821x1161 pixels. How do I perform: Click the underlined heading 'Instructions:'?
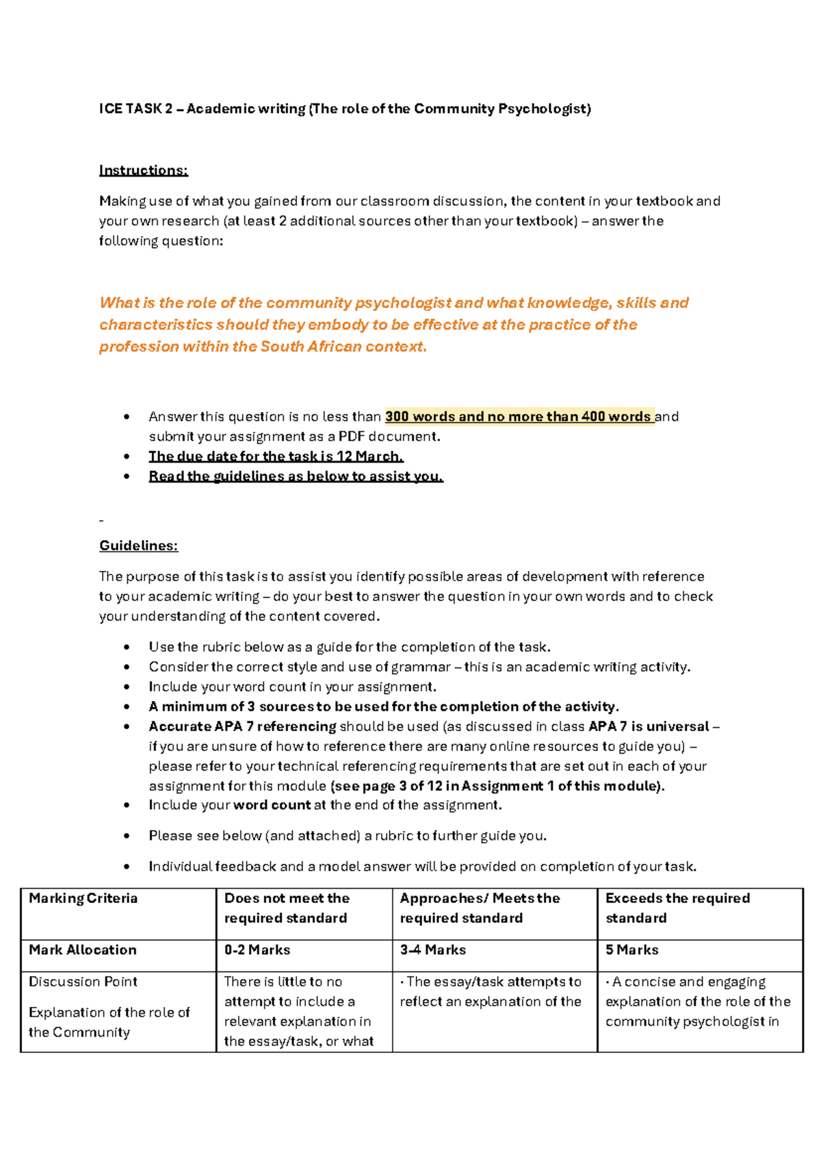click(143, 170)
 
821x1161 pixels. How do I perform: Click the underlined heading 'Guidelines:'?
click(138, 546)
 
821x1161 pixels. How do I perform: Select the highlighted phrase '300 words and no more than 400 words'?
click(519, 416)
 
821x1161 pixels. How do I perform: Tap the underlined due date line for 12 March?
click(276, 457)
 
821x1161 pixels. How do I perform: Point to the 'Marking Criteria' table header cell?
click(83, 898)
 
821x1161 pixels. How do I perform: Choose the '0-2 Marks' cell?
click(257, 950)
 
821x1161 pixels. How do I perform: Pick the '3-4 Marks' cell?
click(432, 950)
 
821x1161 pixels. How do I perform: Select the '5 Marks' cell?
click(631, 950)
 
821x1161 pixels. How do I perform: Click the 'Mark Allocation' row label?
click(83, 950)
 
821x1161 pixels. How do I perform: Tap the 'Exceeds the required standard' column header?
click(677, 908)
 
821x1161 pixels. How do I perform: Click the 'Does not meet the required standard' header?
click(287, 908)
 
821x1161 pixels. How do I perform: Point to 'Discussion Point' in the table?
click(83, 982)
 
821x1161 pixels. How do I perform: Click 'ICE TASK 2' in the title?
click(135, 109)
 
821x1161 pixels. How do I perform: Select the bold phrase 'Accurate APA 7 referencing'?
click(242, 726)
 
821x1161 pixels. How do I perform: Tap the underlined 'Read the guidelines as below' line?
click(296, 476)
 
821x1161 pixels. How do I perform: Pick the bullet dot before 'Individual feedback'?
click(127, 867)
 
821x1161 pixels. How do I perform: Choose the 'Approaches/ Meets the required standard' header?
click(480, 908)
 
